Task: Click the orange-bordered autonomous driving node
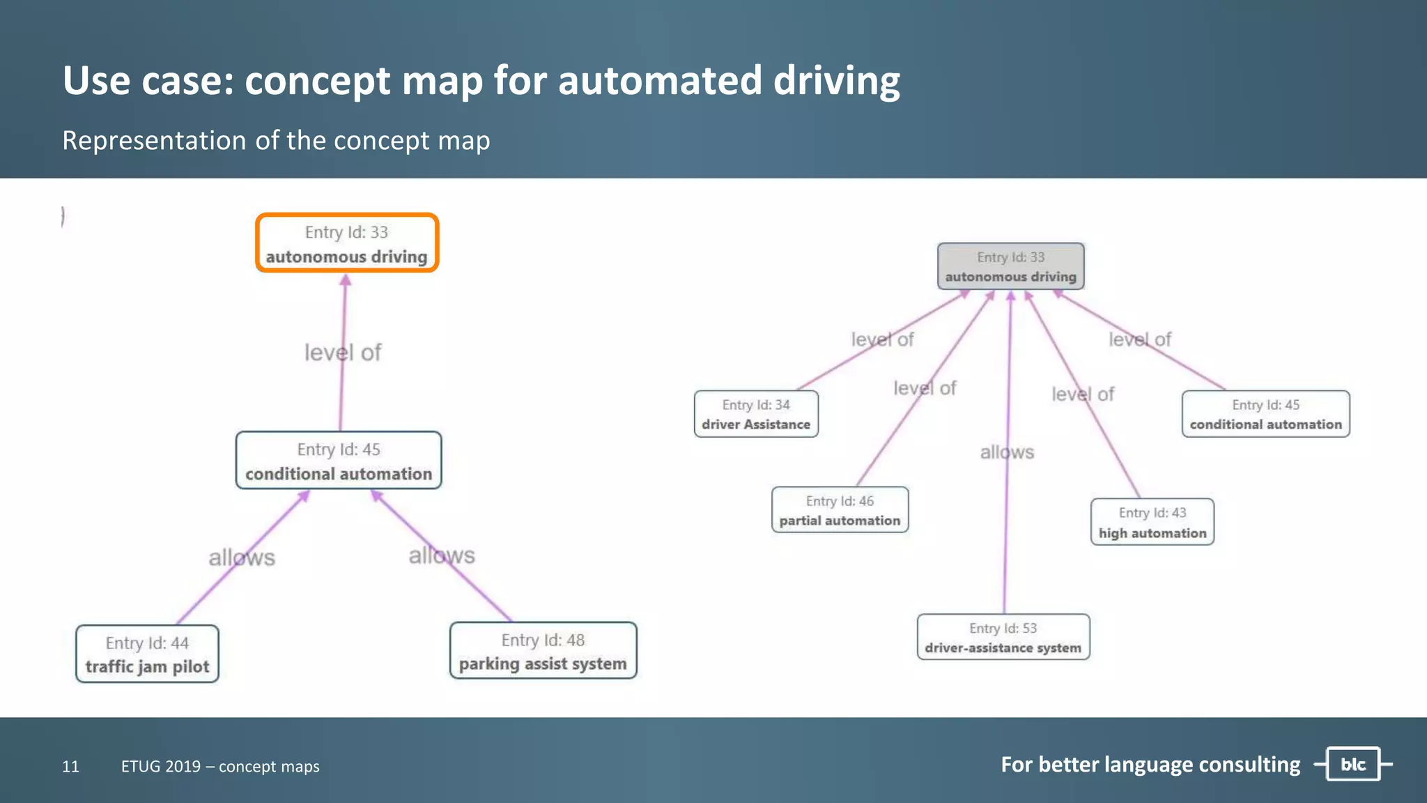(346, 243)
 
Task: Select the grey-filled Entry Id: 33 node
(1010, 266)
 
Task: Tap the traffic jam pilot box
(147, 654)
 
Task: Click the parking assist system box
(543, 651)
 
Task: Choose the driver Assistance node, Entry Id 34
(756, 414)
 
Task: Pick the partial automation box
(840, 510)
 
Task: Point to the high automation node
(1152, 522)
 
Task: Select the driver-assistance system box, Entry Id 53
(1003, 637)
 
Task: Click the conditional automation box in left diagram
(339, 461)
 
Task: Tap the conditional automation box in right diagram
(1265, 414)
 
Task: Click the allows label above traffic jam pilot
(242, 558)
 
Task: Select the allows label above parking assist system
(442, 556)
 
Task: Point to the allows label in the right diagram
(1007, 452)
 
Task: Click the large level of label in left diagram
(343, 353)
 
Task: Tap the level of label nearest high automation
(1083, 395)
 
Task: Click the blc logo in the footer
(1352, 765)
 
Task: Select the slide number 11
(70, 767)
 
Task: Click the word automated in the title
(659, 80)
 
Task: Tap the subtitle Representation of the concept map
(276, 141)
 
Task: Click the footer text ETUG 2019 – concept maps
(220, 767)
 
